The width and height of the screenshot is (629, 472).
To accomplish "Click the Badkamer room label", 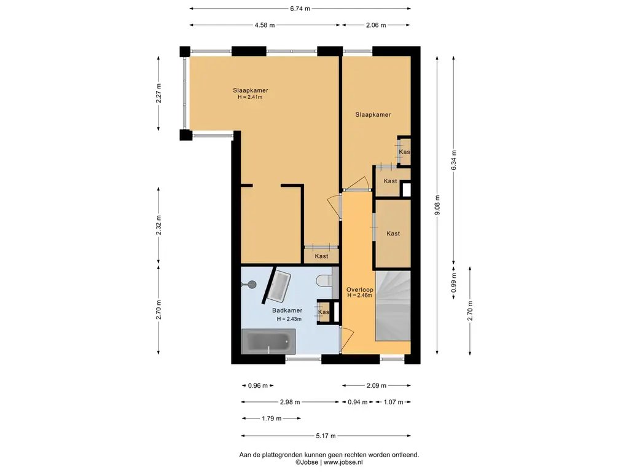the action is (287, 310).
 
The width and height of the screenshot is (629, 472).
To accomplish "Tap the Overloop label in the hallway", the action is (360, 289).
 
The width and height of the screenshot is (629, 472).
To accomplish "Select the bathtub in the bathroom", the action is (268, 342).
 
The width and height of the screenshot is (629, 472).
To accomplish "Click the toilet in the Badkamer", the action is (324, 280).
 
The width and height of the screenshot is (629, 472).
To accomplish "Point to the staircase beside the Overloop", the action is (393, 306).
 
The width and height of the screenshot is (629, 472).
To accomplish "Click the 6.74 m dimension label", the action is (300, 9).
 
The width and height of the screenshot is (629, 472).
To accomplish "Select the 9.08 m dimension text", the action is (437, 205).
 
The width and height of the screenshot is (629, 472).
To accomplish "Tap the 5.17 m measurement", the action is (326, 436).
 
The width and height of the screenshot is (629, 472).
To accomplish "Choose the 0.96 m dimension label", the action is (257, 386).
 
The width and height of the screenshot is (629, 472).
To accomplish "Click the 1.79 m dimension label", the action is (272, 419).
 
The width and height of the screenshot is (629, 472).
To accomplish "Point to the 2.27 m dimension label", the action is (159, 93).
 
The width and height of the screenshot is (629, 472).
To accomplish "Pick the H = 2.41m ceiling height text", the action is (250, 96).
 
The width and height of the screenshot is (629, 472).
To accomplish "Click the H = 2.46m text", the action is (359, 296).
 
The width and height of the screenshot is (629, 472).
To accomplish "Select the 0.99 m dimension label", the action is (454, 283).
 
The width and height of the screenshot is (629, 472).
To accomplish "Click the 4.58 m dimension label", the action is (265, 25).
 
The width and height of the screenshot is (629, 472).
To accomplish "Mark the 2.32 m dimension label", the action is (159, 225).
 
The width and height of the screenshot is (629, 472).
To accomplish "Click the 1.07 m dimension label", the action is (393, 402).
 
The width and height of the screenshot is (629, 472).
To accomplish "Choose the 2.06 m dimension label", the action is (376, 25).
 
